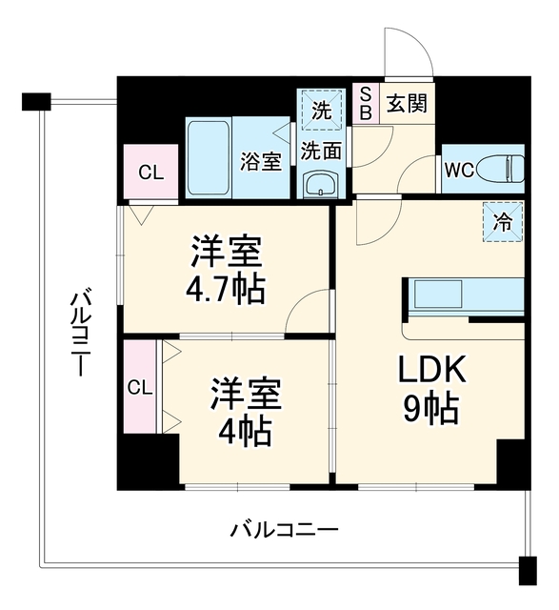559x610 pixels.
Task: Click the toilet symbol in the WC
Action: [500, 169]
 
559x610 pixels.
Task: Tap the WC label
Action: [459, 170]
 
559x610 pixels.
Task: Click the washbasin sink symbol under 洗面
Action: [321, 184]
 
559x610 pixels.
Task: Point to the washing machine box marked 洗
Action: [321, 110]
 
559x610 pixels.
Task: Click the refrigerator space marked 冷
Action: [503, 222]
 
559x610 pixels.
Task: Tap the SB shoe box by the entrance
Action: [366, 103]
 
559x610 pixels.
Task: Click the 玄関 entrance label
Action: [407, 104]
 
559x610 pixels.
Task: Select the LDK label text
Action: [431, 369]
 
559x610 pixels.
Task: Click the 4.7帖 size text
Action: [226, 290]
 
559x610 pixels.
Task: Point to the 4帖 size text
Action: [244, 432]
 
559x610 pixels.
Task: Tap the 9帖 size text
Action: [430, 409]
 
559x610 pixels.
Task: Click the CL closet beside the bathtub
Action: [151, 172]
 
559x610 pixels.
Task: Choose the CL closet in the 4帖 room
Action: [140, 387]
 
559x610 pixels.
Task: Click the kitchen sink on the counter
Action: [438, 294]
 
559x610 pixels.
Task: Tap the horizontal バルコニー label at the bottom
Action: [285, 530]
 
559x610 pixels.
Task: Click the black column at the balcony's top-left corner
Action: [36, 102]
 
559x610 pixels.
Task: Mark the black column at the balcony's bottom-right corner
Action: [528, 571]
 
